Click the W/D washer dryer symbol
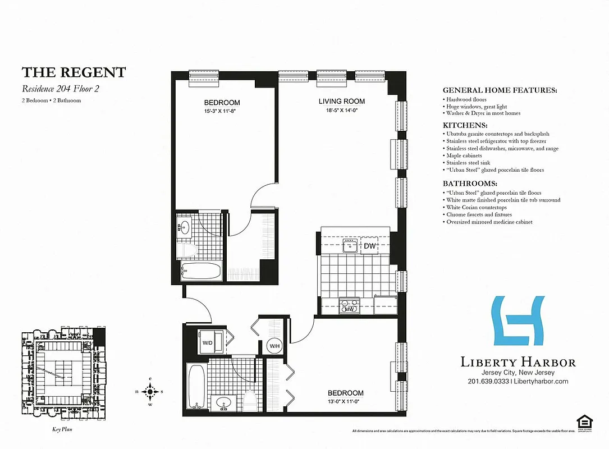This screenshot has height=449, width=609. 208,342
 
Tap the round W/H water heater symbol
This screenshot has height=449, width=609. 274,346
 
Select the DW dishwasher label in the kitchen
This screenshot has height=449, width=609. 370,246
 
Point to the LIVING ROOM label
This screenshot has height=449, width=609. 342,102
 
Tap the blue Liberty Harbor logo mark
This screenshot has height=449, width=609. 518,320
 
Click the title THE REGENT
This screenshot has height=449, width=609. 74,72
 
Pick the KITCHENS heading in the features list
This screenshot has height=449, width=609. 465,126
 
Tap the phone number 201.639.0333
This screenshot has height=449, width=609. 488,382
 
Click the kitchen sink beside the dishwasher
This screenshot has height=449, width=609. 351,245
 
